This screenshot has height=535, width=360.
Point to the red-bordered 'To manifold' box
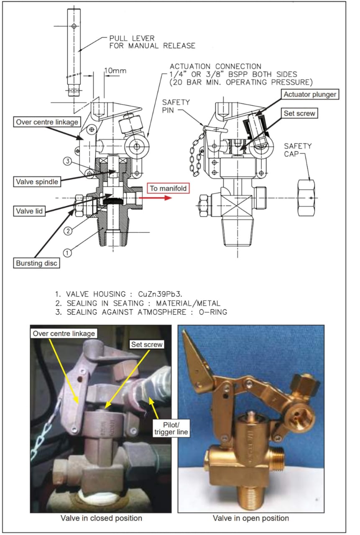tap(168, 188)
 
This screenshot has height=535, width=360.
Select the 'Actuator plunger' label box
tap(309, 94)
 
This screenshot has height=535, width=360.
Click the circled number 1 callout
tap(67, 252)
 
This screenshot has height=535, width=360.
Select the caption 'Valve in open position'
tap(250, 518)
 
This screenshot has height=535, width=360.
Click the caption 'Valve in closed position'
tap(101, 518)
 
